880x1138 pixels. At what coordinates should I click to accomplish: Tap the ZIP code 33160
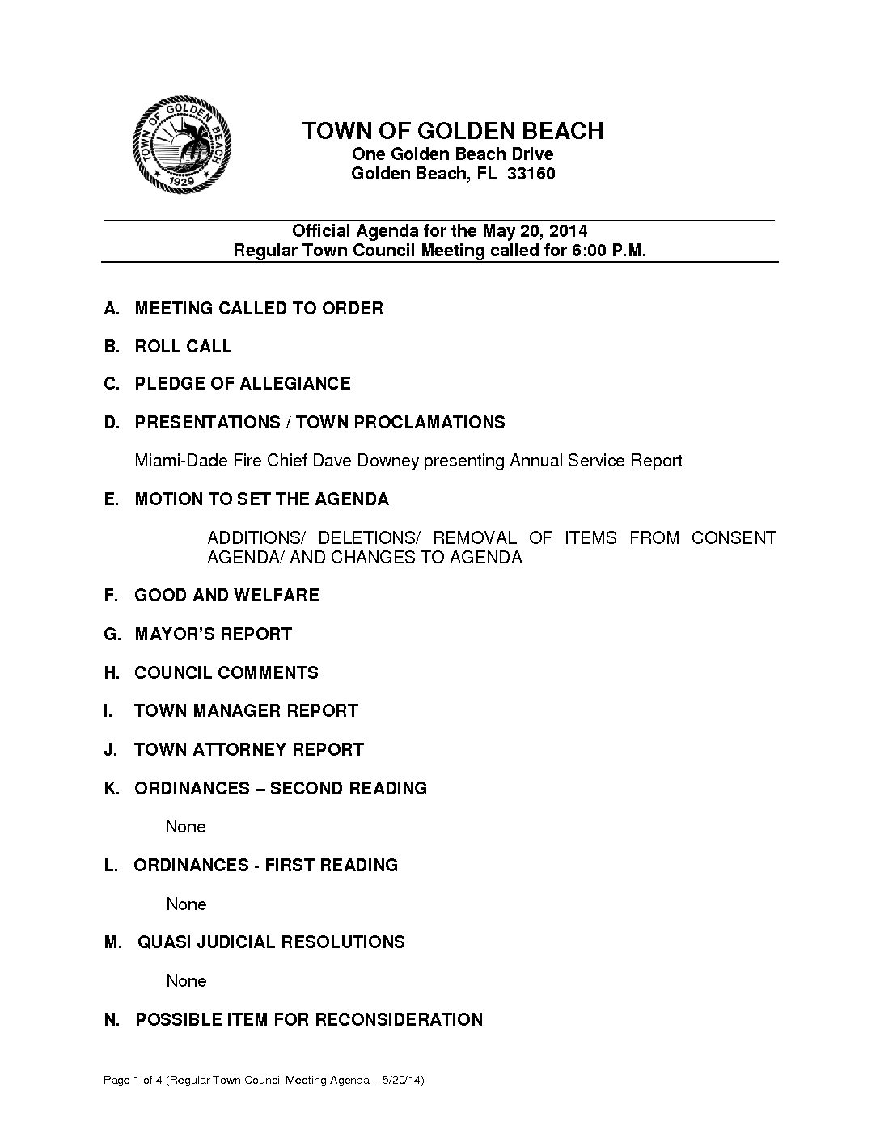[531, 174]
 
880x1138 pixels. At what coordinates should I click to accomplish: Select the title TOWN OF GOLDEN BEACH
[452, 131]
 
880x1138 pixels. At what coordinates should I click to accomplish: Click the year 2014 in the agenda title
[569, 231]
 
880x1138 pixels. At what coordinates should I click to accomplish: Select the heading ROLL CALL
[183, 347]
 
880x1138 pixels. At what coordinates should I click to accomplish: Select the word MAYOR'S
[173, 634]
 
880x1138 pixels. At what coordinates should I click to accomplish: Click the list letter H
[111, 673]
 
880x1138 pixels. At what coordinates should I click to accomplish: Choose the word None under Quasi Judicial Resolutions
[186, 981]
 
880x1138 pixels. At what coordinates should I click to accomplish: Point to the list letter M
[112, 942]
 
